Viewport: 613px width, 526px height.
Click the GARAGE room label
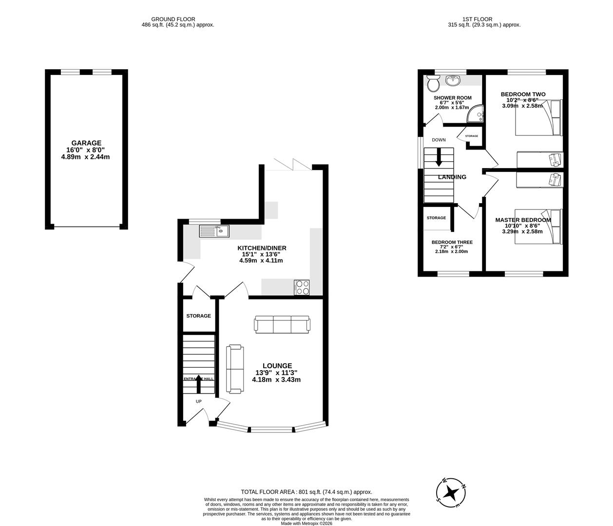click(x=86, y=143)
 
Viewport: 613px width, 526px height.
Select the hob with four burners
click(x=302, y=287)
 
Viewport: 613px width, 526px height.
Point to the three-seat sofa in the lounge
click(x=282, y=324)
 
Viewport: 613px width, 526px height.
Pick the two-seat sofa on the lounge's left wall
click(x=235, y=369)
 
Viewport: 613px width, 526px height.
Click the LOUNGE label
click(x=277, y=366)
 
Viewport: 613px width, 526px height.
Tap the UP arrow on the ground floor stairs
click(x=198, y=383)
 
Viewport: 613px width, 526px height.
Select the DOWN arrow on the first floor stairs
click(x=439, y=157)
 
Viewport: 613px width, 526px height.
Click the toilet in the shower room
click(x=432, y=85)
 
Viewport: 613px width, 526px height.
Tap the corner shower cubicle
click(x=475, y=114)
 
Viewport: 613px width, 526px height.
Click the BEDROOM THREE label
click(x=452, y=242)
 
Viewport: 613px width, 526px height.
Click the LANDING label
click(x=452, y=177)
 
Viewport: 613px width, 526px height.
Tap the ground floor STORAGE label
click(x=198, y=316)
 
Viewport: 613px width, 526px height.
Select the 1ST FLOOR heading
click(x=484, y=19)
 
